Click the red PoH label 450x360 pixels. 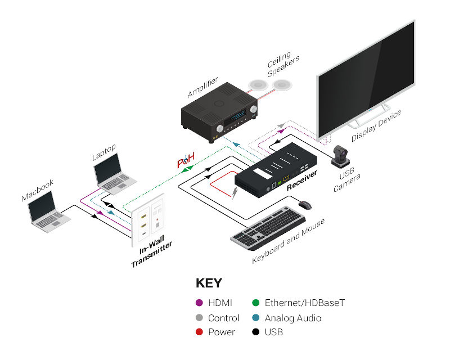click(x=186, y=163)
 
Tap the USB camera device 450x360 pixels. click(x=341, y=156)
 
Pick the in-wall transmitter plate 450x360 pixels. click(x=149, y=218)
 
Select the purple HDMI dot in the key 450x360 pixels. click(x=199, y=303)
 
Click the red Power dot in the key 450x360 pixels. click(x=199, y=332)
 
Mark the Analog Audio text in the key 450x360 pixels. click(x=292, y=318)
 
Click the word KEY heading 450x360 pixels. click(x=209, y=283)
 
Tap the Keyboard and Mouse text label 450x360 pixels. click(x=288, y=241)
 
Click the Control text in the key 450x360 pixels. click(x=223, y=318)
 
